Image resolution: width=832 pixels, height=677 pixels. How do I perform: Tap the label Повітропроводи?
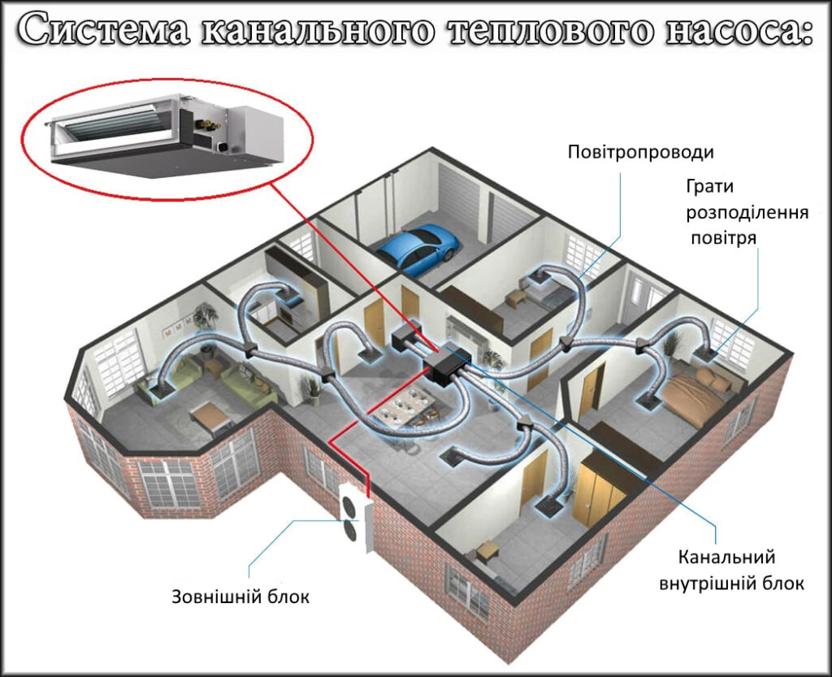(640, 152)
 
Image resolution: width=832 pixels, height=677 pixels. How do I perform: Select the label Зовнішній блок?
(240, 597)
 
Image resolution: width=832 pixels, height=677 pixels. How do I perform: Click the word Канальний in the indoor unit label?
(726, 557)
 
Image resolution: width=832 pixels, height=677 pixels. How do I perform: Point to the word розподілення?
(747, 213)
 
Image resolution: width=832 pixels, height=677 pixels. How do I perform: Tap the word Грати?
(710, 187)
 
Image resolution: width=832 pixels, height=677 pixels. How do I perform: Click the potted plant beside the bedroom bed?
(670, 344)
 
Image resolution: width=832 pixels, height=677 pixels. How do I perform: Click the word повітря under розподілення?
(723, 237)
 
